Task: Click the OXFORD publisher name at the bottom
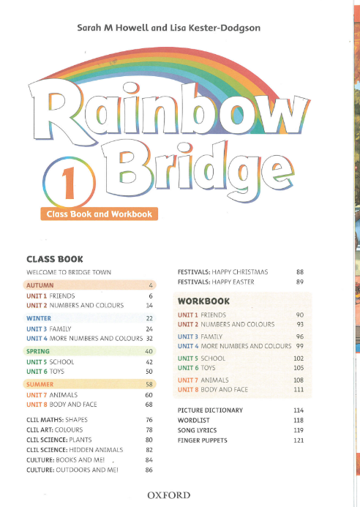169,495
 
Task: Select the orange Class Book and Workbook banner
99,214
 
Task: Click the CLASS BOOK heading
55,259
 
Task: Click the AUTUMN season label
40,284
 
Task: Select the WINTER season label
39,319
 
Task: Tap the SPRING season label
38,351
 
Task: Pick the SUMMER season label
40,383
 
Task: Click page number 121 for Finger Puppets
298,440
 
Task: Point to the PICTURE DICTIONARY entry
210,410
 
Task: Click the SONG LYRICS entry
200,430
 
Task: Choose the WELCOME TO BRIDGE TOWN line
69,272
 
